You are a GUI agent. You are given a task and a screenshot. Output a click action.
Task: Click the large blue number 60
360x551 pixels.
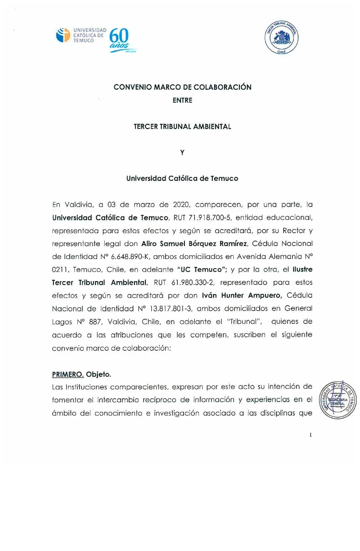click(119, 36)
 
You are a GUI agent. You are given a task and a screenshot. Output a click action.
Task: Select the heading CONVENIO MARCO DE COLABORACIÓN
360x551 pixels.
click(182, 87)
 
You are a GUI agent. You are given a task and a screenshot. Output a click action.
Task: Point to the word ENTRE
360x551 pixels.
click(182, 100)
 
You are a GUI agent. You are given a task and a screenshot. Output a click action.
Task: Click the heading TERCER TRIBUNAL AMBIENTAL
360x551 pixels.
click(182, 126)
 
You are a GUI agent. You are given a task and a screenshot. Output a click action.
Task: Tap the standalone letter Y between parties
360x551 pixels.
click(182, 153)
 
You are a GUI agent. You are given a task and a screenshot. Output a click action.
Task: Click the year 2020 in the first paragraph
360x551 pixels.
click(181, 205)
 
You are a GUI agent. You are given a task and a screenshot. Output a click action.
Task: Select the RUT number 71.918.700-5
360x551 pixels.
click(209, 218)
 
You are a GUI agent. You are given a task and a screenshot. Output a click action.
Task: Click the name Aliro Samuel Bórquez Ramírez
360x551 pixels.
click(194, 244)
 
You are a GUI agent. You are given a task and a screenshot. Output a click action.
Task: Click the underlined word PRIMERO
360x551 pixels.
click(68, 375)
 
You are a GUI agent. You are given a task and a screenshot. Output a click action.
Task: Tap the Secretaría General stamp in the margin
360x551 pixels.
click(337, 400)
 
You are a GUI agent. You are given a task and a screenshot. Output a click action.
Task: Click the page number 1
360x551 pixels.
click(310, 435)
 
